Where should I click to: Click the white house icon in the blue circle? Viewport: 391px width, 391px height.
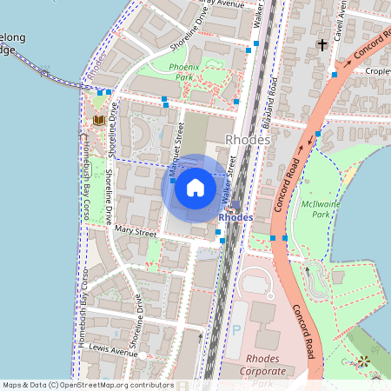point(195,187)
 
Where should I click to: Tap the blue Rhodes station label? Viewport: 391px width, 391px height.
point(235,217)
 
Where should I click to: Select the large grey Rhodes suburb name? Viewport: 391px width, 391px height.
point(249,139)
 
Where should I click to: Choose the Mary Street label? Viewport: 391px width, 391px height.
point(135,233)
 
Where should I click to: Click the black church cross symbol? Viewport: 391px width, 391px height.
point(322,44)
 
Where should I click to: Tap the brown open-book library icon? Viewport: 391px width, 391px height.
point(98,119)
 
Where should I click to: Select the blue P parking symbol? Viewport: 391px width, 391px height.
point(237,331)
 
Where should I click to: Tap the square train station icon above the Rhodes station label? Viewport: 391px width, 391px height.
point(235,205)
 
